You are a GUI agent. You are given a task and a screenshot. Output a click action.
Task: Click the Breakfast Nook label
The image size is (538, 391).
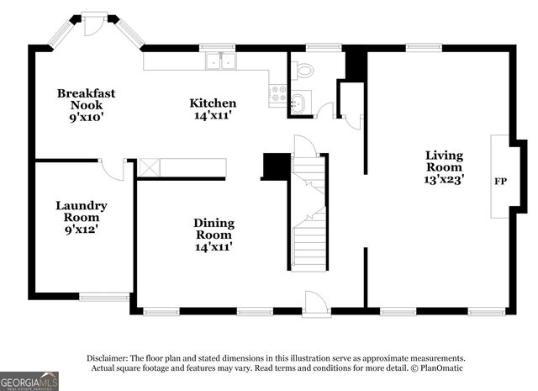click(x=86, y=99)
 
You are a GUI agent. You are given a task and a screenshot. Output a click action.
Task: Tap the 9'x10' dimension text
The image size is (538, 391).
click(x=86, y=117)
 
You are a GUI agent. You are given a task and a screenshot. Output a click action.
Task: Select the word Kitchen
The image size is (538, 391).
click(x=212, y=103)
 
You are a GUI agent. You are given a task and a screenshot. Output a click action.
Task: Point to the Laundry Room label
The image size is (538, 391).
click(x=82, y=211)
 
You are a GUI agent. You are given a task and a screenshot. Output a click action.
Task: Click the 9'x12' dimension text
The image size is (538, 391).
click(x=82, y=229)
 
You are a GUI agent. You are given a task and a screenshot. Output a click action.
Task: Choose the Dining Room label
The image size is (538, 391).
click(x=214, y=229)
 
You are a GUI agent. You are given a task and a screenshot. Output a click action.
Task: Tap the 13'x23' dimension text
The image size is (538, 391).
click(x=444, y=178)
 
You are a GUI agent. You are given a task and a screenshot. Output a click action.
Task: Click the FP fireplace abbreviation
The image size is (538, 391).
click(x=500, y=181)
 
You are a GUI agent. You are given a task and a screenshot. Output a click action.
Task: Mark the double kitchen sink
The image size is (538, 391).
click(x=221, y=61)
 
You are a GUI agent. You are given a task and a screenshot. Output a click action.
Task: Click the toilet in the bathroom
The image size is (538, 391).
click(x=304, y=69)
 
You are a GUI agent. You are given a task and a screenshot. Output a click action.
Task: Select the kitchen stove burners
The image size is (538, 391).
click(x=277, y=93)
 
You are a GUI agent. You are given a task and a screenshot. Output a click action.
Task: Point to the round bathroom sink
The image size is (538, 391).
click(x=298, y=103)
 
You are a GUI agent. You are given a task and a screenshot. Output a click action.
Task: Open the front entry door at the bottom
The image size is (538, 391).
click(x=315, y=304)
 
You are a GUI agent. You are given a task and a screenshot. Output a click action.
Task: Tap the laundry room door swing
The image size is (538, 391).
click(x=113, y=169)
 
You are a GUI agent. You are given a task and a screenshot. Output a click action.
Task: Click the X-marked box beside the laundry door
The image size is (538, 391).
click(x=149, y=167)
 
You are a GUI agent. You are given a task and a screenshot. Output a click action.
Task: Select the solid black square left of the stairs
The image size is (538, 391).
click(x=275, y=166)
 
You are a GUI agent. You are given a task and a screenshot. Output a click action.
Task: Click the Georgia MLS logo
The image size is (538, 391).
click(x=29, y=381)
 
